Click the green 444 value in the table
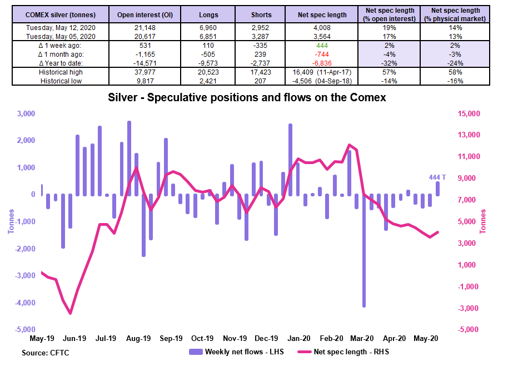pyautogui.click(x=322, y=46)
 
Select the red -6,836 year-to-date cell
pyautogui.click(x=322, y=63)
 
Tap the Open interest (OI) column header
pyautogui.click(x=145, y=15)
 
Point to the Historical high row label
pyautogui.click(x=61, y=72)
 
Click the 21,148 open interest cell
pyautogui.click(x=145, y=28)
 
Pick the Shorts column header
pyautogui.click(x=261, y=15)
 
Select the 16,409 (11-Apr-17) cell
pyautogui.click(x=322, y=72)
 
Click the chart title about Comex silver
pyautogui.click(x=247, y=97)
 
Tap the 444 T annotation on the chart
pyautogui.click(x=437, y=177)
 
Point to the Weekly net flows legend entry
pyautogui.click(x=237, y=352)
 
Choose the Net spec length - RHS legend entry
pyautogui.click(x=343, y=352)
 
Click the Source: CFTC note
pyautogui.click(x=46, y=353)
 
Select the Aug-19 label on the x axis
pyautogui.click(x=138, y=338)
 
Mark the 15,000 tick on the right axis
pyautogui.click(x=469, y=114)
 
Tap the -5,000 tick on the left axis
pyautogui.click(x=25, y=329)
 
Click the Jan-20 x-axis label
pyautogui.click(x=298, y=338)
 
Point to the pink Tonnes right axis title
pyautogui.click(x=483, y=221)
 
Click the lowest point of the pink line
pyautogui.click(x=70, y=313)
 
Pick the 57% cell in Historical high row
pyautogui.click(x=389, y=72)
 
